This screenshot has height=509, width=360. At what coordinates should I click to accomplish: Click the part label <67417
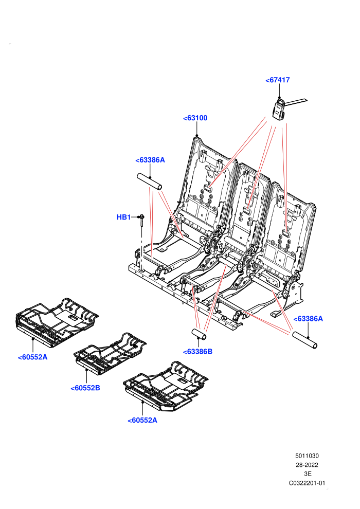coord(278,80)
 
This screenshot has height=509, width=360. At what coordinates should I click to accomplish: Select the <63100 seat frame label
coord(195,118)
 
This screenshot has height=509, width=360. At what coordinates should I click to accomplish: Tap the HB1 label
coord(123,217)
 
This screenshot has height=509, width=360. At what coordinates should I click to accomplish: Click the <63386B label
coord(197,352)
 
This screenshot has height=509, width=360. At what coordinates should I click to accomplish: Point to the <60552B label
coord(85,388)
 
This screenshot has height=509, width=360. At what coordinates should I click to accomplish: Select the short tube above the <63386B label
coord(199,334)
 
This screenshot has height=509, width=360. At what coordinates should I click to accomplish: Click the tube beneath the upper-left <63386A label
coord(150,182)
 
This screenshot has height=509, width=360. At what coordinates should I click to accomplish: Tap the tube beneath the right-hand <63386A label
coord(304,340)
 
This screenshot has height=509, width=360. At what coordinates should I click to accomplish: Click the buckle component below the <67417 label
coord(279,110)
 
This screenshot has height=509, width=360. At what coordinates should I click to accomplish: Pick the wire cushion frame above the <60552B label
coord(110,353)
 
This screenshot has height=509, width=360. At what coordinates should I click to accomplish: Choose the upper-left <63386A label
coord(150,160)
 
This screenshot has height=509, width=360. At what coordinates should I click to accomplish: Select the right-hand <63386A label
coord(308,319)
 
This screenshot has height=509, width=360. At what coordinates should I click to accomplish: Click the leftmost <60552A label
coord(32,357)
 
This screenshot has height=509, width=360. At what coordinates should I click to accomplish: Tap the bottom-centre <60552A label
coord(142,420)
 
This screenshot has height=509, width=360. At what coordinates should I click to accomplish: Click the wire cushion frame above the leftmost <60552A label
coord(57,321)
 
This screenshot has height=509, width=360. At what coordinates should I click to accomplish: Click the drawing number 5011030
coord(307,456)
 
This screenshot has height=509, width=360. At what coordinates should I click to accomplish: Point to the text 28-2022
coord(307,465)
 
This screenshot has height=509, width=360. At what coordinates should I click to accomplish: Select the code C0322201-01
coord(307,483)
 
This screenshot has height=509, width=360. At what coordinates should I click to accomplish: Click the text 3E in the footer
coord(308,474)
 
